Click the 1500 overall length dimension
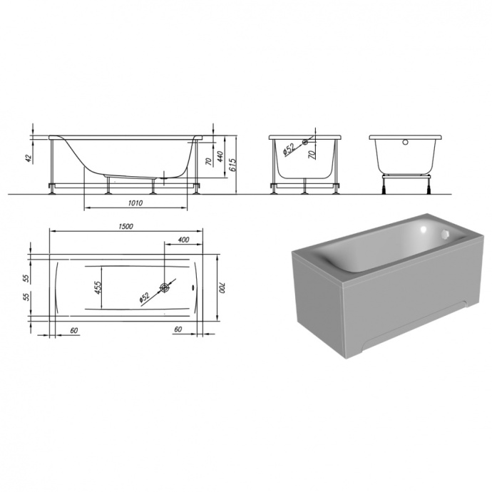125,226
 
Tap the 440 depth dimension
221,156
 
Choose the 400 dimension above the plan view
183,240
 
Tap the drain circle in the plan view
165,287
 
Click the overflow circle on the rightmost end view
407,140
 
